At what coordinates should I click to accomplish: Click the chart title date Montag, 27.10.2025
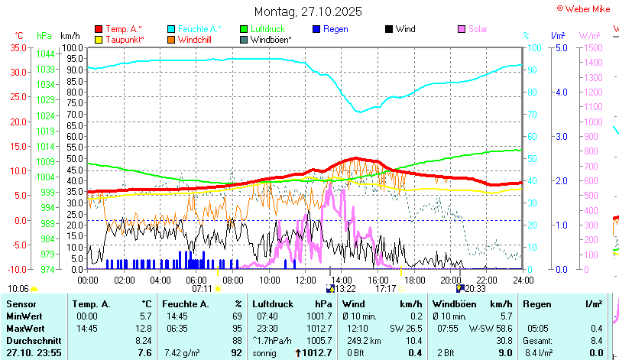pos(308,12)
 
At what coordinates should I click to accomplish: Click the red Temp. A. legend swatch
pos(99,29)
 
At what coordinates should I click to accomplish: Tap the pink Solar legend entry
pos(478,29)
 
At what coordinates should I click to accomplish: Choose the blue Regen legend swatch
pos(317,29)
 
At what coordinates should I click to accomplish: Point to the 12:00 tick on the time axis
pos(304,280)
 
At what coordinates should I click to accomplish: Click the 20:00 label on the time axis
pos(450,280)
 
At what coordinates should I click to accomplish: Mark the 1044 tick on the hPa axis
pos(45,54)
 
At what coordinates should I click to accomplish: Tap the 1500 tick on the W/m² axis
pos(593,47)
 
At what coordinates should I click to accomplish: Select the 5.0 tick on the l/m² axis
pos(560,47)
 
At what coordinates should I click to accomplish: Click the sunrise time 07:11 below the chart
pos(202,289)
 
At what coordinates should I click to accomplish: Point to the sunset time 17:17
pos(385,289)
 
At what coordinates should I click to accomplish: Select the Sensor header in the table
pos(22,304)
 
